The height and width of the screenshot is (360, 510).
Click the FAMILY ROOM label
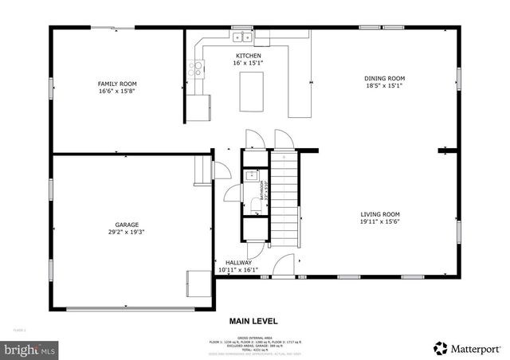coord(117,84)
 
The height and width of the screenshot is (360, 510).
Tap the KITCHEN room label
coord(248,56)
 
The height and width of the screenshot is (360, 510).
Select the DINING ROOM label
coord(385,78)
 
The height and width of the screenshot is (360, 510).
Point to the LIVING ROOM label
coord(380,214)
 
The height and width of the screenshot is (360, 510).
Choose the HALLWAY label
coord(238,263)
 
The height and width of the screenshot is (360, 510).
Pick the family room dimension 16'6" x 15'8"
coord(117,91)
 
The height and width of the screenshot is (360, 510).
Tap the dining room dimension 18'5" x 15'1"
coord(385,85)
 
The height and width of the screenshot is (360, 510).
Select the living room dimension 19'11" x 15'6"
coord(380,222)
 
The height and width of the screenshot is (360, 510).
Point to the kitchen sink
coord(241,37)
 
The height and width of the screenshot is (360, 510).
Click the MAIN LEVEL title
coord(253,321)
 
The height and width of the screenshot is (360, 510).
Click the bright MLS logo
coord(29,349)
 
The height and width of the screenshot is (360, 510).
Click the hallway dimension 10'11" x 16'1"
coord(235,270)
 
